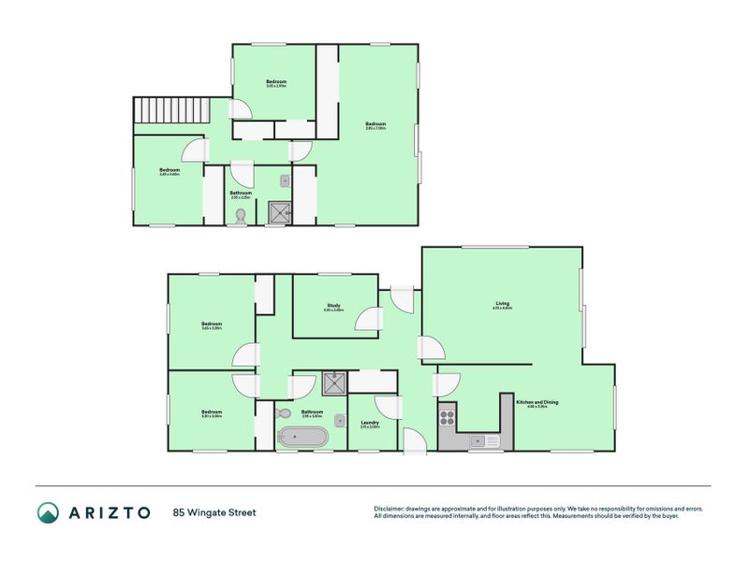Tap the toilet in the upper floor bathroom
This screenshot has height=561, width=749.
(x=242, y=216)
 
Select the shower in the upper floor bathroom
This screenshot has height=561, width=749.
(x=279, y=214)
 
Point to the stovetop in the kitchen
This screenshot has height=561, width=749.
(x=447, y=416)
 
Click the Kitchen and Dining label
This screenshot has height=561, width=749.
(x=536, y=403)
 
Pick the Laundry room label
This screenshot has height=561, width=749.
(x=370, y=424)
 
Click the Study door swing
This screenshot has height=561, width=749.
(x=367, y=321)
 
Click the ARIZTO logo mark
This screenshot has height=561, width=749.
(x=48, y=511)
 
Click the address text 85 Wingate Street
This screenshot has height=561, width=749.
(x=214, y=511)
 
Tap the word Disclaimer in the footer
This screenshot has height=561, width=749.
(x=391, y=509)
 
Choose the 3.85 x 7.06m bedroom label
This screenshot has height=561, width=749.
(x=375, y=125)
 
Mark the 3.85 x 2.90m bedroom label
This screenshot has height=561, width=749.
(x=276, y=83)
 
